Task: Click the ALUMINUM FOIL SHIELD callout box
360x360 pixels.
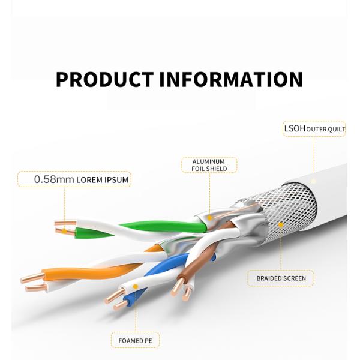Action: [209, 165]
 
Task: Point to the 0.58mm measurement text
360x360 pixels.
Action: [54, 179]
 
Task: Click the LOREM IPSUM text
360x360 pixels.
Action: [103, 179]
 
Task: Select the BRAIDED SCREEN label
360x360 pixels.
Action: [281, 278]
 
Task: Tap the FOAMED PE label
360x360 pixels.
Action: [135, 341]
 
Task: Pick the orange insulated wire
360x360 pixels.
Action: [90, 271]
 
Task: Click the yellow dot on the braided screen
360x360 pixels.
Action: [280, 226]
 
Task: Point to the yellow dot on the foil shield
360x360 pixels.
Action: [209, 214]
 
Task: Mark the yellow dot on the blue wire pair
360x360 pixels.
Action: [135, 287]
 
